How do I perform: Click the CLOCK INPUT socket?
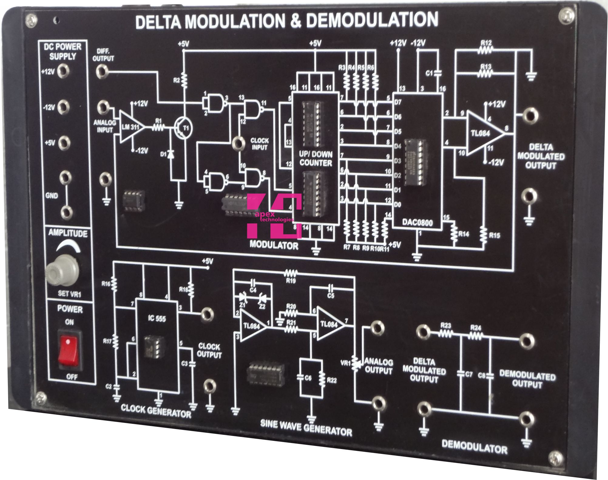click(x=238, y=143)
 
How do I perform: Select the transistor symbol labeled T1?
click(x=183, y=128)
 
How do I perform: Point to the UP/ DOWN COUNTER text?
click(x=316, y=158)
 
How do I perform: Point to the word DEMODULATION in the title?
click(x=372, y=21)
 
